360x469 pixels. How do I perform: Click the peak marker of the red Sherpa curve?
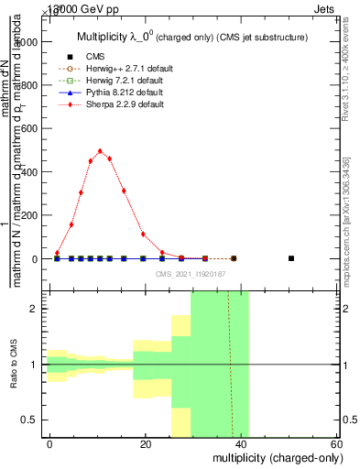pyautogui.click(x=100, y=151)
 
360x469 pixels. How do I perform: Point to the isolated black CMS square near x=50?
pyautogui.click(x=290, y=258)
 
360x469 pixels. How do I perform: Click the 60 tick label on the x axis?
pyautogui.click(x=336, y=444)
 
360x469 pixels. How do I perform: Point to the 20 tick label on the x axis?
pyautogui.click(x=145, y=444)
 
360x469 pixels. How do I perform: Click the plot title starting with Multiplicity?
pyautogui.click(x=191, y=37)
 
